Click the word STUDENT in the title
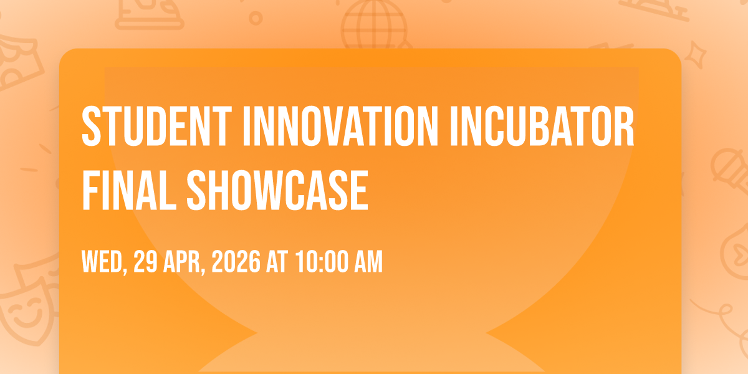156,126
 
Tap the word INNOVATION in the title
340,126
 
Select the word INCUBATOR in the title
542,126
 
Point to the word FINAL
129,190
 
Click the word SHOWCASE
277,190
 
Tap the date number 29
145,261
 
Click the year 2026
236,261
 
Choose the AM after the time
368,261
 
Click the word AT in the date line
277,261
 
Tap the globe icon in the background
374,25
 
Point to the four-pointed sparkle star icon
696,55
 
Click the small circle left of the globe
256,18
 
